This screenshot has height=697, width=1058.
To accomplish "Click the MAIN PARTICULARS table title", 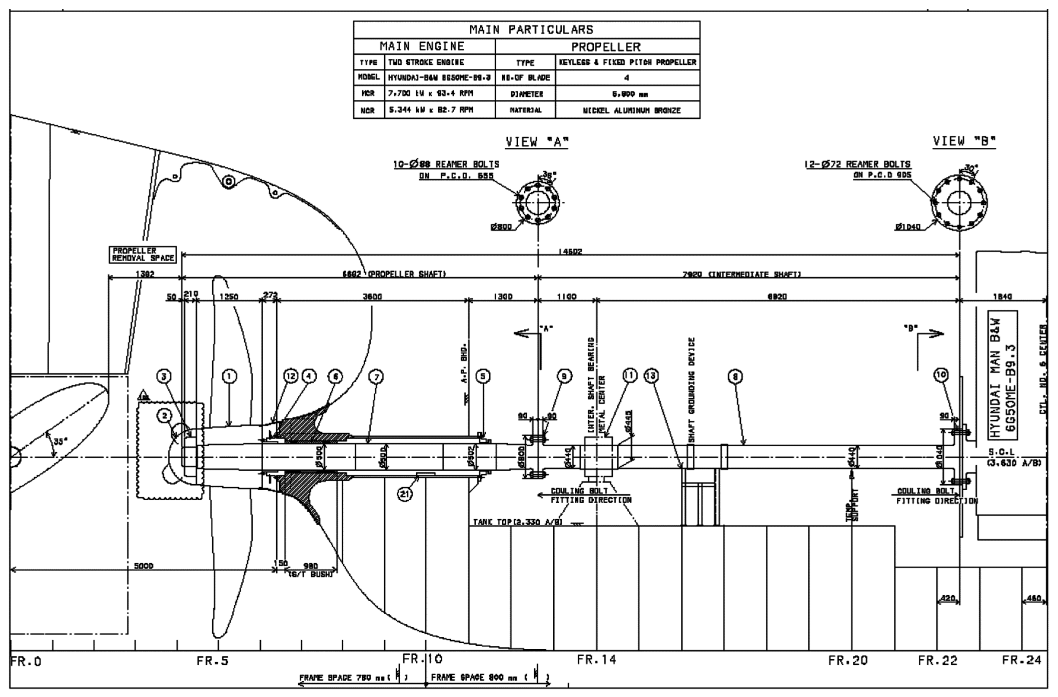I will pyautogui.click(x=531, y=30).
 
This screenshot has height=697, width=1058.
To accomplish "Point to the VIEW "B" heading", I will pyautogui.click(x=964, y=141).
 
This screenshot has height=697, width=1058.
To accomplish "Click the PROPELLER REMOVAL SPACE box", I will pyautogui.click(x=143, y=255).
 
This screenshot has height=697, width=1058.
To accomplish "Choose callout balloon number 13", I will pyautogui.click(x=651, y=376).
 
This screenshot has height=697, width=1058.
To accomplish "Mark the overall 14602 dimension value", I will pyautogui.click(x=570, y=252).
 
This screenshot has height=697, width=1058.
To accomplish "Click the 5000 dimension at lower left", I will pyautogui.click(x=144, y=566).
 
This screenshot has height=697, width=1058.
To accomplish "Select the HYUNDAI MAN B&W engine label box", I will pyautogui.click(x=1003, y=375).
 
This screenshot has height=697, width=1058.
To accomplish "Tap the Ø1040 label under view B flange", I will pyautogui.click(x=908, y=227).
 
